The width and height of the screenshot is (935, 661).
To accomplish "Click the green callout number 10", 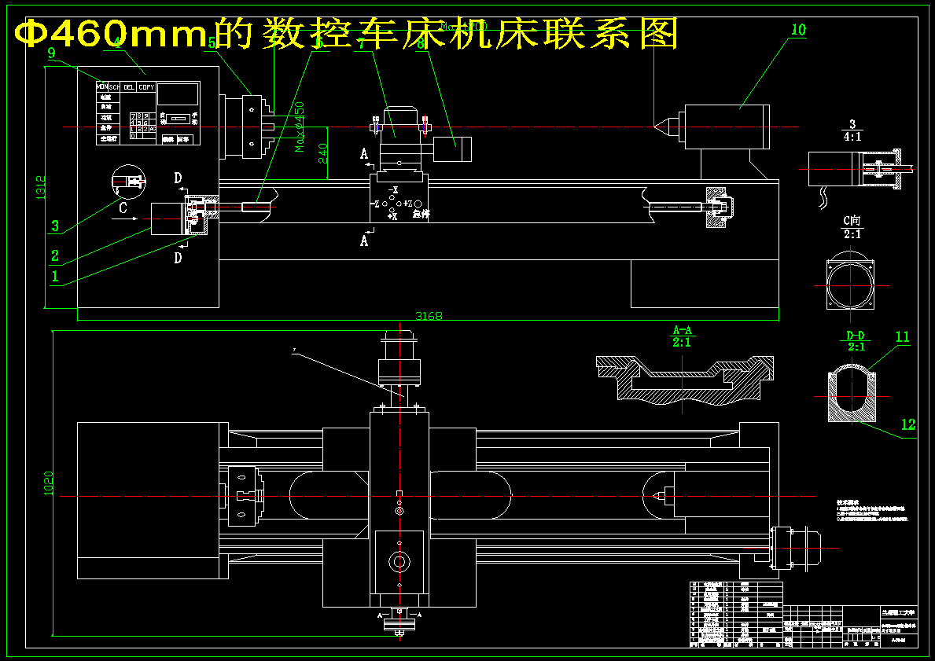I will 798,30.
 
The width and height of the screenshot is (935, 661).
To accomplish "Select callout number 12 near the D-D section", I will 908,424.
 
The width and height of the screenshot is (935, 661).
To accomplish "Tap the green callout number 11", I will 902,337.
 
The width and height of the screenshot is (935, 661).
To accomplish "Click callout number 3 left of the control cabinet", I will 54,226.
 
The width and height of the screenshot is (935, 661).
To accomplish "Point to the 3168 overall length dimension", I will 429,316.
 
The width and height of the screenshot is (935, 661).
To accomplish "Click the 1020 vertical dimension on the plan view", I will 48,482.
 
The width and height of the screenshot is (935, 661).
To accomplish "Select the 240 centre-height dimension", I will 323,152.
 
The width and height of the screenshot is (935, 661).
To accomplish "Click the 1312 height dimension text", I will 41,186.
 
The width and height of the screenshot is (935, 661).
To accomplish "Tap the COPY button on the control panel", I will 146,87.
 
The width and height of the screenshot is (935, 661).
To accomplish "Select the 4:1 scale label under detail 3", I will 852,136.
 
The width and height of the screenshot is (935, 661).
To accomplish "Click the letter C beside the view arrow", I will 123,208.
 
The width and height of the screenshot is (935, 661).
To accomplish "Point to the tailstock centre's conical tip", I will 655,123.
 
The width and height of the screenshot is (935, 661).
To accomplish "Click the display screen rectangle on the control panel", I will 177,94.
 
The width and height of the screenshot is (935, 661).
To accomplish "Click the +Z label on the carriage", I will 407,204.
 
